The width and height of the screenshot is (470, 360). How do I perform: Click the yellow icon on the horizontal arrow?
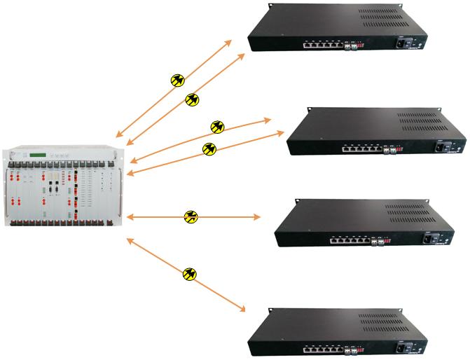[191, 217]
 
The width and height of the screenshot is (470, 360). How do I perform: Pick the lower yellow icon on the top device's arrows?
[192, 100]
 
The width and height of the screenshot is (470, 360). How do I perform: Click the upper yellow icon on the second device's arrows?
[218, 127]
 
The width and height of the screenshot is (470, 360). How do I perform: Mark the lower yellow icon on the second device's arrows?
[209, 148]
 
